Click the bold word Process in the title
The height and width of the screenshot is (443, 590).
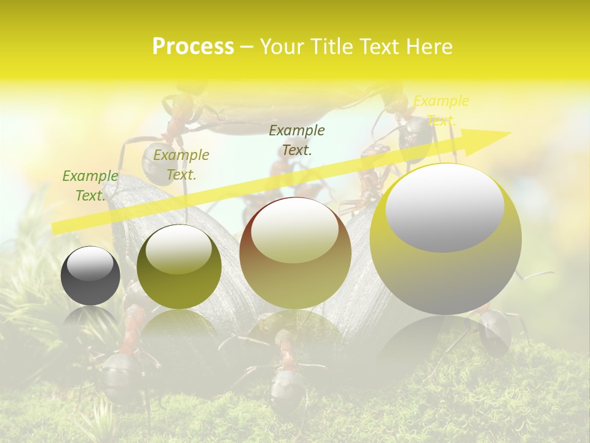click(193, 47)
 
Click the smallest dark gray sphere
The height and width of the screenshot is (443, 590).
click(90, 276)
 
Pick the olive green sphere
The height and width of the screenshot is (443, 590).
click(179, 267)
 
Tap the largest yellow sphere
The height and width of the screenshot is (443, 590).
click(446, 239)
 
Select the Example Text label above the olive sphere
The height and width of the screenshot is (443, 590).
click(181, 165)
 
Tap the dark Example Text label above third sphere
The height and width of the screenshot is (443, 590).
click(297, 140)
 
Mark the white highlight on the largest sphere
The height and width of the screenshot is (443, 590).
click(445, 207)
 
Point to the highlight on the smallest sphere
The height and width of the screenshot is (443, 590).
click(90, 263)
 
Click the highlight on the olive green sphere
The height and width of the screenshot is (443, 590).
click(179, 249)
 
